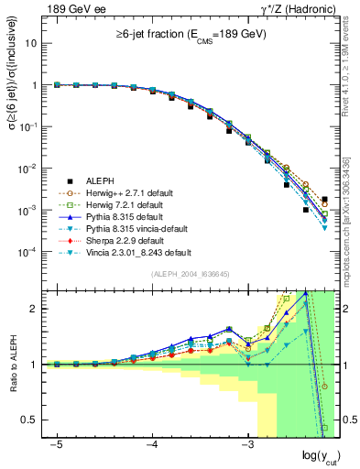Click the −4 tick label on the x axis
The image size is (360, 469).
(x=151, y=443)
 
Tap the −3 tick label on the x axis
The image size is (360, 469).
(x=246, y=443)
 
